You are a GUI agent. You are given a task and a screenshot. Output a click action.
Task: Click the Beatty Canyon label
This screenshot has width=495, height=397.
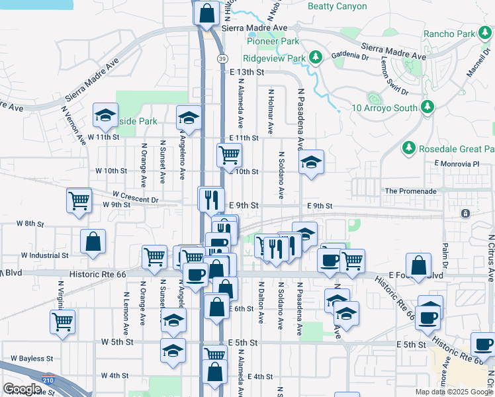click(x=337, y=6)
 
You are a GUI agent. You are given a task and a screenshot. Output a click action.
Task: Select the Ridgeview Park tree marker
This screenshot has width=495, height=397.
click(x=316, y=58)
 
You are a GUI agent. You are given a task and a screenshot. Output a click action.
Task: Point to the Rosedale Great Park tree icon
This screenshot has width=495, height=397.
click(x=409, y=149)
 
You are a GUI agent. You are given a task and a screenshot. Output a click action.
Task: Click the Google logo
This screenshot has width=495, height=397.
click(x=22, y=389)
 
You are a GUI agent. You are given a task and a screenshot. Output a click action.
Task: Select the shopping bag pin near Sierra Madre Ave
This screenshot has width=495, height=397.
click(x=207, y=13)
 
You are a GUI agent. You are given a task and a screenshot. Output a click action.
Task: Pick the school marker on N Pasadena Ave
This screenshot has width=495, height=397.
click(x=311, y=162)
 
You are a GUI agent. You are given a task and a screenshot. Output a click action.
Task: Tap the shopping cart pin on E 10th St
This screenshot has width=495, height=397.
click(x=229, y=155)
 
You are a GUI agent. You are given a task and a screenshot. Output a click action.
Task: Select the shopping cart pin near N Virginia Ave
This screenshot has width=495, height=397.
click(x=62, y=322)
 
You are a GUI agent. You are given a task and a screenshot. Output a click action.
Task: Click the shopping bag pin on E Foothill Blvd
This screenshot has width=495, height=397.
click(x=419, y=266)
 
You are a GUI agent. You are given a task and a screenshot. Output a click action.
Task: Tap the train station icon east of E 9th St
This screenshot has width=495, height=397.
click(x=466, y=214)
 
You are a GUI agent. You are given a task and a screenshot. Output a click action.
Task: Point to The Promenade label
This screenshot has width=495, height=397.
click(x=410, y=191)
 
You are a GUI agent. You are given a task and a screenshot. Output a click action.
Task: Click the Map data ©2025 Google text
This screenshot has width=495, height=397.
click(x=453, y=392)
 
